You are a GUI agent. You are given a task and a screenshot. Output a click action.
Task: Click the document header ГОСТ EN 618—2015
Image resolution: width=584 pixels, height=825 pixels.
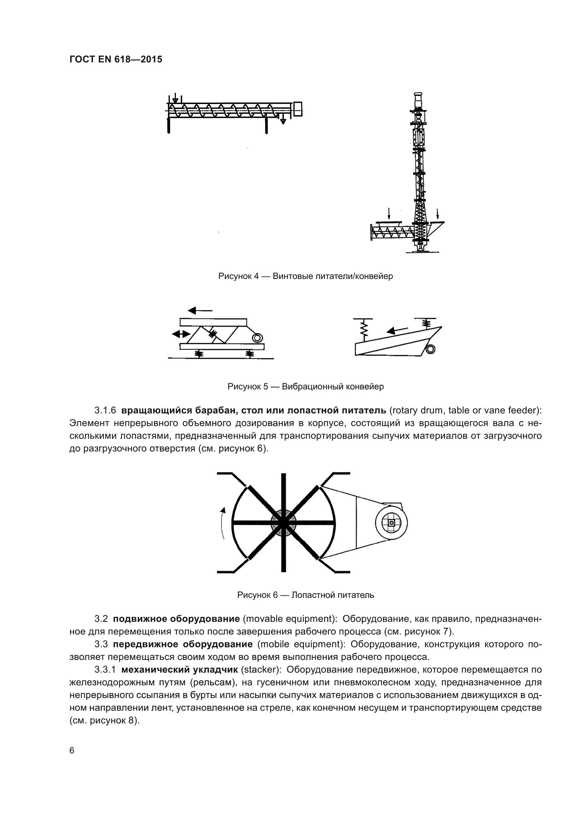coord(115,60)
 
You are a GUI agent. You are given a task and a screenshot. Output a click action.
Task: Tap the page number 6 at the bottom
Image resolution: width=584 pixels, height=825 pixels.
coord(72,750)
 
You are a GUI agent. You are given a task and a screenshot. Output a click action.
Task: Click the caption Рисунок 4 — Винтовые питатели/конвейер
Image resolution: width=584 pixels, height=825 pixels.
coord(305,276)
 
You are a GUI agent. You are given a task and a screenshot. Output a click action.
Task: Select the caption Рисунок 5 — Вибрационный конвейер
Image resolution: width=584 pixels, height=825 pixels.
coord(305,386)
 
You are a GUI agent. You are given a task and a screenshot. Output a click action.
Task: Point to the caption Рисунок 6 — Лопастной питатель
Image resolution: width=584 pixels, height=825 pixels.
coord(305,595)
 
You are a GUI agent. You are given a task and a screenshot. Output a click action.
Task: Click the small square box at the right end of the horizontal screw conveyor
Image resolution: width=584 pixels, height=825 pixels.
coord(298,109)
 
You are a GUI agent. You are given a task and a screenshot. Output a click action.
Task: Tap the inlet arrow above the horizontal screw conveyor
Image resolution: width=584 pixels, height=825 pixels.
coord(175,98)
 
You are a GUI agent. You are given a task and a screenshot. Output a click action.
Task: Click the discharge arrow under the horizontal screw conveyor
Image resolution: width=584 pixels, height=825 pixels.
coord(283,120)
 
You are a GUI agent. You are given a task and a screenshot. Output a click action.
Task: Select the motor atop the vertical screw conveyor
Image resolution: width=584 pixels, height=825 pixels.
coord(418,99)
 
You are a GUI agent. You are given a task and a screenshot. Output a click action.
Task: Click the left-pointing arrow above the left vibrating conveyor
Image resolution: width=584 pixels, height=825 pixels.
coord(200,310)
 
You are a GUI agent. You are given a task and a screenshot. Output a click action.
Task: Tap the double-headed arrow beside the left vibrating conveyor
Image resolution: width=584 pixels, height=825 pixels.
coord(181,334)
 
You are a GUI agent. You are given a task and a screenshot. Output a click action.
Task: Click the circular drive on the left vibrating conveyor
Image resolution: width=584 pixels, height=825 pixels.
coord(257,338)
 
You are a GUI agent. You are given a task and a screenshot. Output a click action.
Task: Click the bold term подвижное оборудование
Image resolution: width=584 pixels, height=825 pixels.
coord(176,618)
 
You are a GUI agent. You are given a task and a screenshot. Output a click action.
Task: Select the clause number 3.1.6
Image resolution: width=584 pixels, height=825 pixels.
coord(105,410)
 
